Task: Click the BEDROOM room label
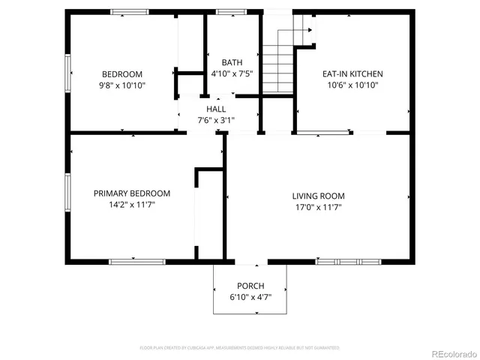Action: (122, 74)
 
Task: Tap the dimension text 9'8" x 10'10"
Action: (122, 85)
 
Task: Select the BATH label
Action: (232, 62)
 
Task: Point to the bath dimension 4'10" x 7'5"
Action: (232, 73)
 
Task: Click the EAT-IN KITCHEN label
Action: (352, 74)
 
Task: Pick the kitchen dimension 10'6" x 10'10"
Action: (352, 85)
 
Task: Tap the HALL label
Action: (216, 109)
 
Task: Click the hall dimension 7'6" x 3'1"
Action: (216, 120)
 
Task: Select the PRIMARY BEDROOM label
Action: (132, 193)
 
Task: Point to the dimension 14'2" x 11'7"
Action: (132, 205)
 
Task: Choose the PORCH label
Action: (250, 286)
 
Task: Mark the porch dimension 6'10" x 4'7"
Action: (250, 297)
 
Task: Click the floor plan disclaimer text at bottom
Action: (239, 348)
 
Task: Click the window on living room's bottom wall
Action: (338, 262)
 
